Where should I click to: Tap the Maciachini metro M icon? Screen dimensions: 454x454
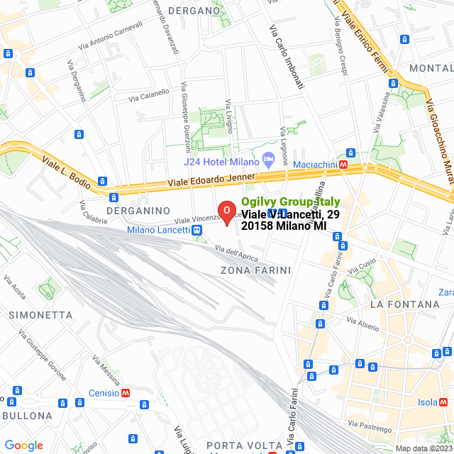pyautogui.click(x=343, y=165)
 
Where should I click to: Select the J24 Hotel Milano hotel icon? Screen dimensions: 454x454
pyautogui.click(x=268, y=159)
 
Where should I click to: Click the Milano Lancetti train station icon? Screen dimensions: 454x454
pyautogui.click(x=196, y=230)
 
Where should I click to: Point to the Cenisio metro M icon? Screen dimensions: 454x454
pyautogui.click(x=126, y=393)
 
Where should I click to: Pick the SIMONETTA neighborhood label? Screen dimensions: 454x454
pyautogui.click(x=41, y=314)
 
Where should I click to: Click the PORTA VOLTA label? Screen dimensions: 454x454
pyautogui.click(x=238, y=445)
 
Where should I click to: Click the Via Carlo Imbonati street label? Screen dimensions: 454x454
pyautogui.click(x=287, y=57)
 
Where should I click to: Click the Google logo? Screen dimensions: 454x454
pyautogui.click(x=23, y=445)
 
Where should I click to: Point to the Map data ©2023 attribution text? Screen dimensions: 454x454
pyautogui.click(x=423, y=448)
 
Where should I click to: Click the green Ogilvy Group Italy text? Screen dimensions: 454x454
pyautogui.click(x=291, y=202)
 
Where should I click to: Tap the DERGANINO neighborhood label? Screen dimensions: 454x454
pyautogui.click(x=138, y=211)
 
